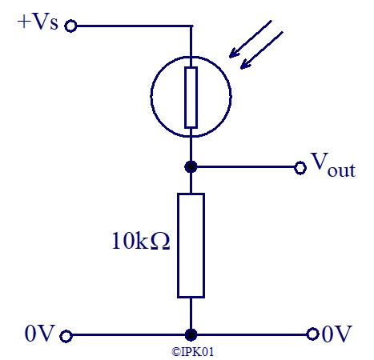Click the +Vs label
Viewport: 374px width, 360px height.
coord(38,22)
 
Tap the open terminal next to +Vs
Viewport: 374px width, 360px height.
coord(70,26)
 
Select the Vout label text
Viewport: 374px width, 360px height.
coord(333,165)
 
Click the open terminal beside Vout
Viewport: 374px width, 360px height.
coord(300,168)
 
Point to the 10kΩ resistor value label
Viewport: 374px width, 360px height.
coord(141,241)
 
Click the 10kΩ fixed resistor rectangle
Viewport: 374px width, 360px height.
coord(191,246)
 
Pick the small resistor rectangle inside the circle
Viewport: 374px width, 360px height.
coord(191,98)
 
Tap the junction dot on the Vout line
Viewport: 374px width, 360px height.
coord(191,167)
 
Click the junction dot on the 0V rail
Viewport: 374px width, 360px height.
coord(191,334)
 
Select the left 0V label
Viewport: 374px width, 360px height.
coord(40,334)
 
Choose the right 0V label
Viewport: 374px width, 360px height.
coord(337,334)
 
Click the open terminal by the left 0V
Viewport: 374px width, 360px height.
coord(66,336)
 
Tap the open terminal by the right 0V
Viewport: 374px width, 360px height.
coord(312,334)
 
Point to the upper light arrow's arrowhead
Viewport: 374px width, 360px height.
coord(235,53)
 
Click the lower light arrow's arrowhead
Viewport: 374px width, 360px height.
coord(246,64)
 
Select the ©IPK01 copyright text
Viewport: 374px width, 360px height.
coord(192,352)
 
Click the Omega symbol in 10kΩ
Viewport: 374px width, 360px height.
coord(160,241)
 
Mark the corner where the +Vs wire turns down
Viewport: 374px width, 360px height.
coord(191,26)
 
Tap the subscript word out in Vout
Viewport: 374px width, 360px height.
coord(341,170)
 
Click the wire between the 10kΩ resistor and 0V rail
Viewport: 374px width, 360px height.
coord(191,314)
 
